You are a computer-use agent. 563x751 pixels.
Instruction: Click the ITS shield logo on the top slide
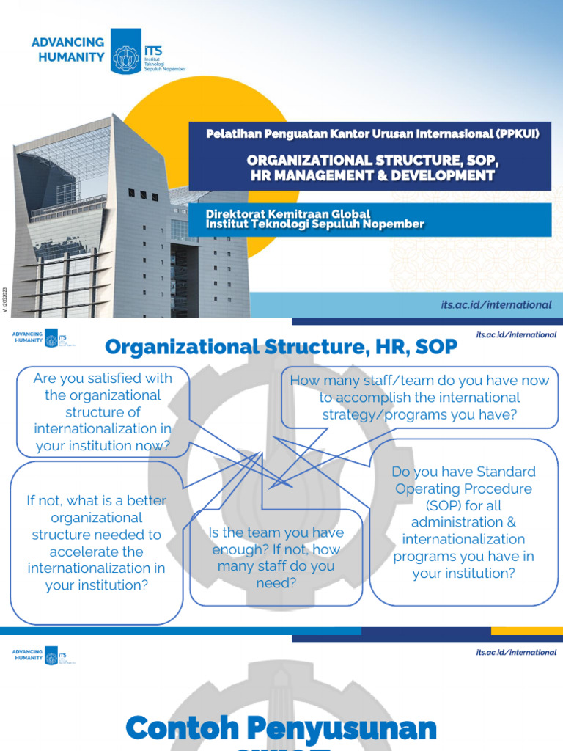point(125,51)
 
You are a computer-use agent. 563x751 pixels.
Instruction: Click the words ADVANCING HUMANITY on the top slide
point(68,50)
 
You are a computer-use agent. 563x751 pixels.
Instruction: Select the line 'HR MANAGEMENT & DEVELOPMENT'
point(371,175)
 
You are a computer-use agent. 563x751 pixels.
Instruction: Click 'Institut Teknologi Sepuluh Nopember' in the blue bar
point(315,224)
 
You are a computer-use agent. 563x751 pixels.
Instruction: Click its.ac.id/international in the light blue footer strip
point(496,304)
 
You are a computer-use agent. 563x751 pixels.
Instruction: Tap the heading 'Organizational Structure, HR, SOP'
point(281,347)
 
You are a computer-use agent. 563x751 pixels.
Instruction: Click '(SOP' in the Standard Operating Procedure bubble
point(443,505)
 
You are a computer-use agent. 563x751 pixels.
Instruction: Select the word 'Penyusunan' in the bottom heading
point(334,729)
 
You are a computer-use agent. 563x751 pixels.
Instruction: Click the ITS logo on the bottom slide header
point(52,653)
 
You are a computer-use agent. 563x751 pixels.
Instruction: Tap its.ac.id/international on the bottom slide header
point(516,652)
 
